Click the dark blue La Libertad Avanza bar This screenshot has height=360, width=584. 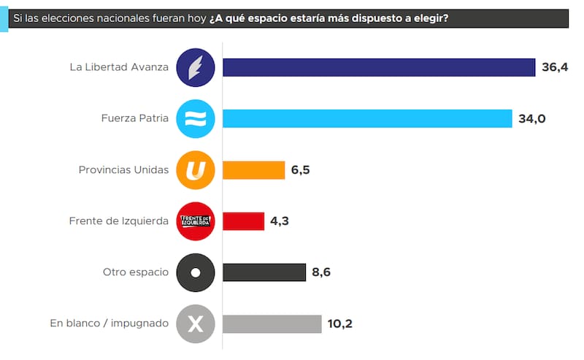tap(379, 67)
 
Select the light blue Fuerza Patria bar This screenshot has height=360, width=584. tap(367, 118)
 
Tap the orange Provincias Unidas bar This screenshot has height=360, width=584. tap(253, 170)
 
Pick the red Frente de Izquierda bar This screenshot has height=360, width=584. tap(243, 221)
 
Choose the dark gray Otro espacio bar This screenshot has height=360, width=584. tap(264, 272)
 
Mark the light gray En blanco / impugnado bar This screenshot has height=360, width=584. tap(272, 323)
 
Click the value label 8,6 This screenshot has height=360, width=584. tap(322, 272)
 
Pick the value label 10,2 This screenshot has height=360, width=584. tap(339, 323)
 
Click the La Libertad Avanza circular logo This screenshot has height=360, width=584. tap(196, 67)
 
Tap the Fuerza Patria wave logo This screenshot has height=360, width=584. tap(196, 118)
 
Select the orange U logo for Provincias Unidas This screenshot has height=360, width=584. tap(196, 170)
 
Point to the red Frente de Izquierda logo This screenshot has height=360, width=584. tap(196, 221)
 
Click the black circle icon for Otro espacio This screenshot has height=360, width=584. tap(196, 272)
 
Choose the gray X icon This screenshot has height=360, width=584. tap(196, 323)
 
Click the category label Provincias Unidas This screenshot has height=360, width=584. tap(123, 170)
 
